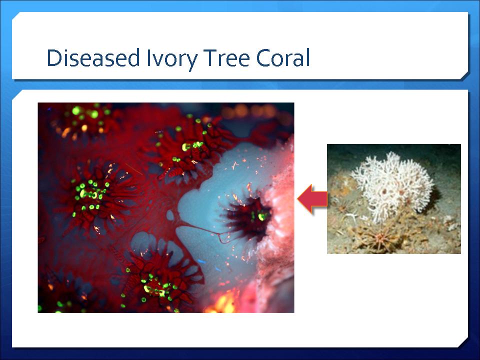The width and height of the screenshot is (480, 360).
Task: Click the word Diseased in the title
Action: (93, 57)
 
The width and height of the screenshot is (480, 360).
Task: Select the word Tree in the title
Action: (226, 57)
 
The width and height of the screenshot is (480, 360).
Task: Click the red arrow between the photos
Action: (312, 198)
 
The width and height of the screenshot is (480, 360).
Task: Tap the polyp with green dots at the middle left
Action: (93, 194)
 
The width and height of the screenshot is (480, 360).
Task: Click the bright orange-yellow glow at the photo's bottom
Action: (222, 303)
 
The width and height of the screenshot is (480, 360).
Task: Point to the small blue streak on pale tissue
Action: (201, 261)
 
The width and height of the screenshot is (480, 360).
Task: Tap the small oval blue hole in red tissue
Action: (170, 215)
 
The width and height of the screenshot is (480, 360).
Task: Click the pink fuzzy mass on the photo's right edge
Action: (277, 226)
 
